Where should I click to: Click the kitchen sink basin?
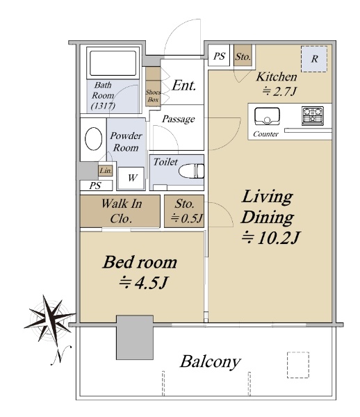coord(267,116)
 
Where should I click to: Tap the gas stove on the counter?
coord(313,115)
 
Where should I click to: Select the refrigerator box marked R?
coord(314,59)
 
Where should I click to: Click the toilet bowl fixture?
coord(191,171)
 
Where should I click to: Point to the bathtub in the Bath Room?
coord(113,63)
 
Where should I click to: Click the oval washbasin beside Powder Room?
coord(93,139)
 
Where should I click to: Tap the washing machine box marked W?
coord(131,178)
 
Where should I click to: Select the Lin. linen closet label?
coord(106,170)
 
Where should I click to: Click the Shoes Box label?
coord(153,96)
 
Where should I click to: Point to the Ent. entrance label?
coord(183,85)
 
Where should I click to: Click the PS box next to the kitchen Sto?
coord(219,56)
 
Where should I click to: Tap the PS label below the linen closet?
coord(95,186)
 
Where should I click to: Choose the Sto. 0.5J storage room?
coord(184,211)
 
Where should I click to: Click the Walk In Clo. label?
coord(122,211)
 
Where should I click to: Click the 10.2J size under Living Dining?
coord(270,238)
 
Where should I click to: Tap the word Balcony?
coord(211,361)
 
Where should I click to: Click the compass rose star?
coord(51,320)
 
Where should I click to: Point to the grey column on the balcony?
coord(135,338)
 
